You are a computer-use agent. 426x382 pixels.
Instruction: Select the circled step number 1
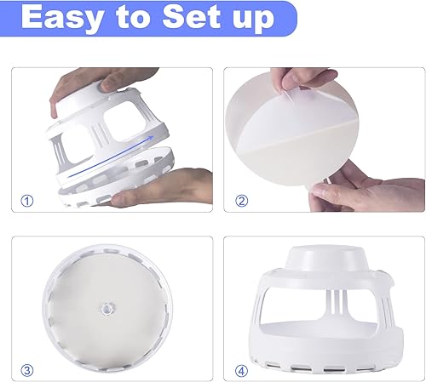(27, 201)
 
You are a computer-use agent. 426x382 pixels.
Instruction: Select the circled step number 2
(240, 201)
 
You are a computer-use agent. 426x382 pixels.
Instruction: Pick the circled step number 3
(27, 370)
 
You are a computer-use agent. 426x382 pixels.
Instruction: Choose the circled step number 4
(240, 370)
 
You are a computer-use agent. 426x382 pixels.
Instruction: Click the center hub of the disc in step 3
(106, 303)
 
